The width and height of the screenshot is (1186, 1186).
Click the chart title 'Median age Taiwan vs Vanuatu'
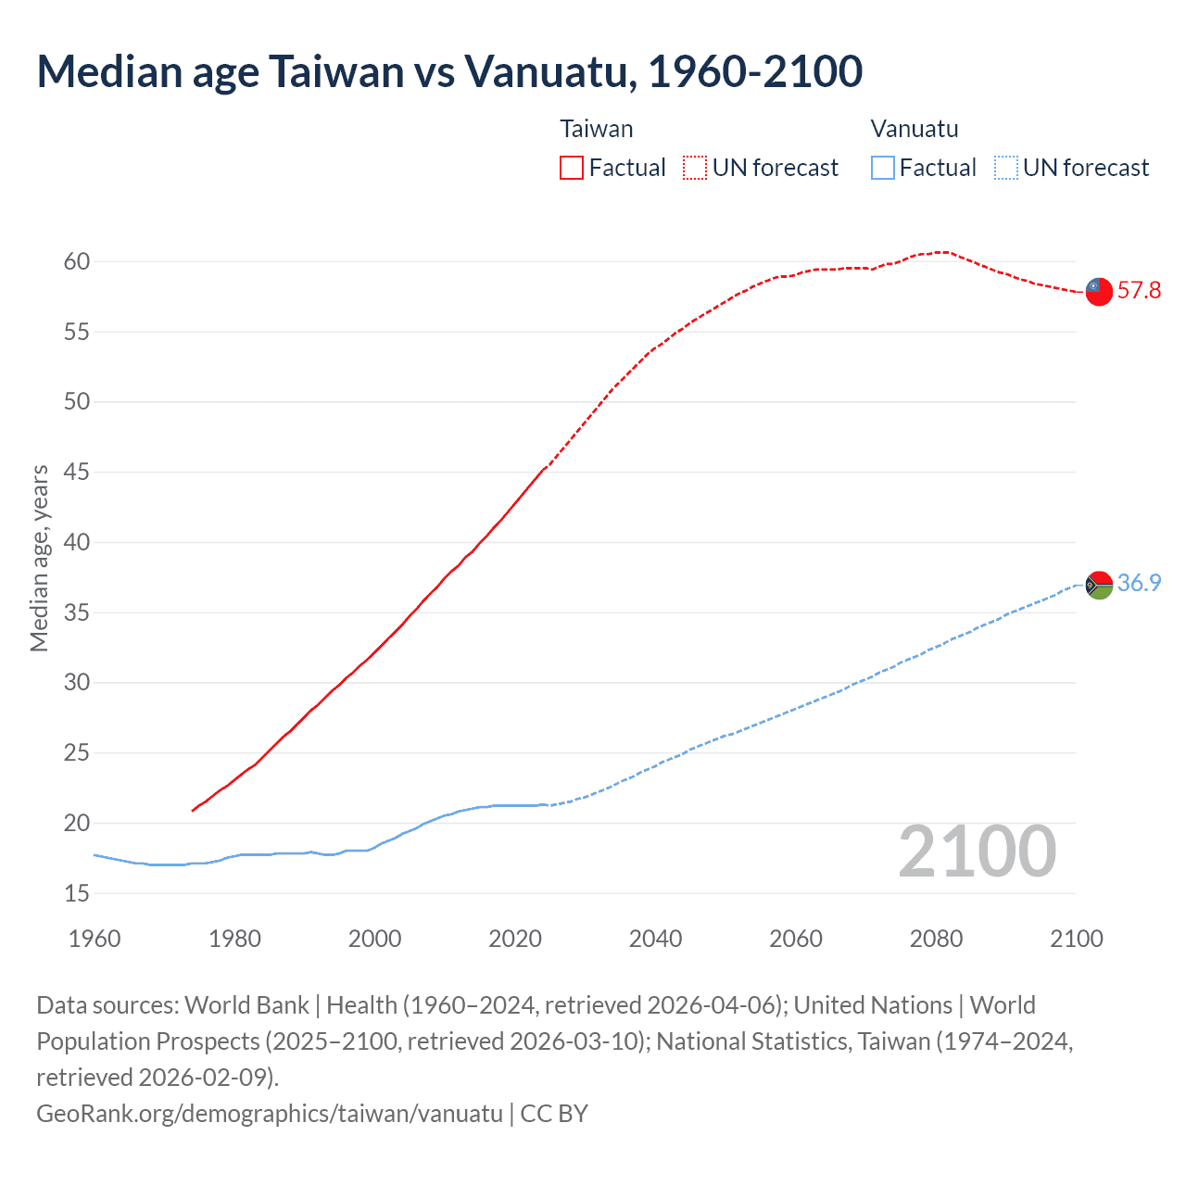[449, 71]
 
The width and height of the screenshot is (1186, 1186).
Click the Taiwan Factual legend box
[572, 168]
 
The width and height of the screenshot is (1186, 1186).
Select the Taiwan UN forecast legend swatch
[695, 168]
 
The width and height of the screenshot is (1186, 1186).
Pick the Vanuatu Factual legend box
[883, 168]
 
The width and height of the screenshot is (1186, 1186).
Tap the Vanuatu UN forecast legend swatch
[1006, 168]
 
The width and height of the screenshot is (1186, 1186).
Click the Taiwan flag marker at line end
[1099, 291]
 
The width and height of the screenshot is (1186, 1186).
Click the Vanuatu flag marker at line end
[1099, 585]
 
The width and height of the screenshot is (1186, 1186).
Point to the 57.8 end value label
[1139, 291]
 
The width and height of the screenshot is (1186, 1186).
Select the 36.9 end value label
[1139, 583]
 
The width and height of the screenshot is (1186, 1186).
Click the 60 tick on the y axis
[77, 261]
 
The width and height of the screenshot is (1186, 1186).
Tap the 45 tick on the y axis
[77, 473]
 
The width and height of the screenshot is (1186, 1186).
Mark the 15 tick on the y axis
[77, 893]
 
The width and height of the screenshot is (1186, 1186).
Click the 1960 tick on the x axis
[95, 939]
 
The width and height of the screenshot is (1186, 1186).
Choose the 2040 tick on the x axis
[656, 939]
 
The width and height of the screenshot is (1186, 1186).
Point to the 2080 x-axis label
[936, 939]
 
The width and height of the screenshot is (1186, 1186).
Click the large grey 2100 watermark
[978, 852]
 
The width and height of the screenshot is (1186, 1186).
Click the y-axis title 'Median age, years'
[39, 559]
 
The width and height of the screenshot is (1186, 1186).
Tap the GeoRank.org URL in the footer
[269, 1113]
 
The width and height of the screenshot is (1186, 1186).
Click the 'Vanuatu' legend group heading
[915, 129]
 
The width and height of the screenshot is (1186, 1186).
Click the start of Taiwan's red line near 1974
[194, 810]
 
